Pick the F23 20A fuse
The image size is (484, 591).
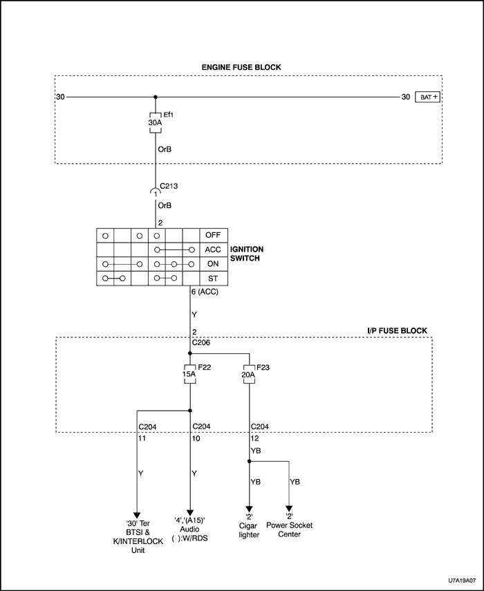[249, 375]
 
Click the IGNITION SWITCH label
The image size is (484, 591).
[246, 253]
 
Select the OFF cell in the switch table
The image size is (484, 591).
[212, 235]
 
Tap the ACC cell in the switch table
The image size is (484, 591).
[212, 250]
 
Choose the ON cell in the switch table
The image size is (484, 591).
[212, 264]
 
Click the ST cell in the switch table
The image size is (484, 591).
[212, 279]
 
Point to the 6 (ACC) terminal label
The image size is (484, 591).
[205, 292]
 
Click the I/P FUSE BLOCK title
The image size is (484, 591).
[396, 331]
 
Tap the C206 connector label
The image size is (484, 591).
[203, 341]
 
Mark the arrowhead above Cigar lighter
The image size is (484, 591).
[249, 508]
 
